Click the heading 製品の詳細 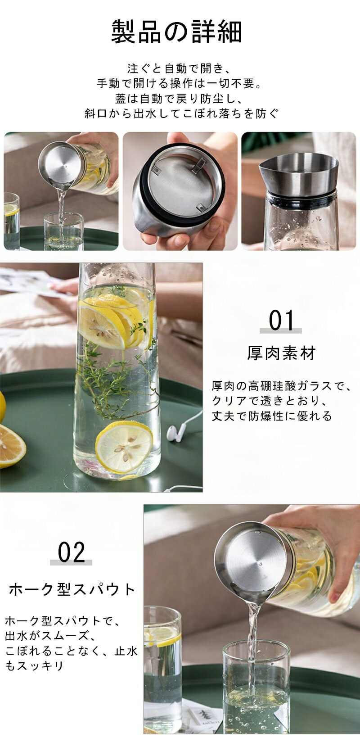[x=176, y=32]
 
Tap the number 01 [x=281, y=320]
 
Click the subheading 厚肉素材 [x=282, y=353]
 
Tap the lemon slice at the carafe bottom [x=125, y=447]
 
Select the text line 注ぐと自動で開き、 [x=179, y=68]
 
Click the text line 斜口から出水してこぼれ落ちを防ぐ [x=181, y=113]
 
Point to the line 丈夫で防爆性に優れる [x=271, y=416]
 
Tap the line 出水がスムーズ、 [x=50, y=636]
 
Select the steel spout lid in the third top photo [x=299, y=173]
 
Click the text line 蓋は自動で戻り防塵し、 [x=179, y=99]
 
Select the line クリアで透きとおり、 [x=270, y=401]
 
